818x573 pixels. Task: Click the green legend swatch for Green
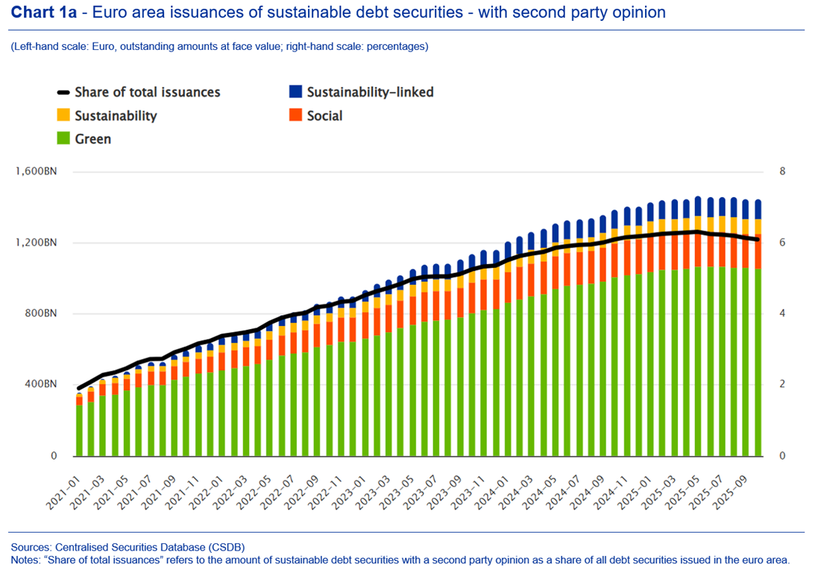point(63,138)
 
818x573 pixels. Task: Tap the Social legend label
point(324,116)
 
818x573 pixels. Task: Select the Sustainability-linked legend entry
point(370,92)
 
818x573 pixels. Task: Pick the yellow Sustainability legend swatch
point(63,116)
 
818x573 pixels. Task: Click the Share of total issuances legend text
point(148,92)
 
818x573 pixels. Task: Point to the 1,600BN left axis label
point(36,171)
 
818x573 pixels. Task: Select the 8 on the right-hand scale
point(782,171)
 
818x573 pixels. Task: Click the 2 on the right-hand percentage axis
point(782,384)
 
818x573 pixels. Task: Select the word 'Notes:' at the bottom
point(27,560)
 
